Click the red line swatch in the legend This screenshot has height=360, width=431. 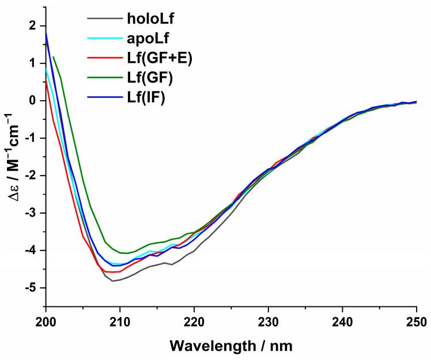coord(103,60)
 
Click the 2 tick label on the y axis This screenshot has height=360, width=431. coord(33,26)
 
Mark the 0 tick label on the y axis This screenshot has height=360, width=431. coord(33,101)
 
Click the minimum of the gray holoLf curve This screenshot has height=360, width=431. coord(113,281)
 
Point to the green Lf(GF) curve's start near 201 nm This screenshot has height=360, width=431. coord(53,57)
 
